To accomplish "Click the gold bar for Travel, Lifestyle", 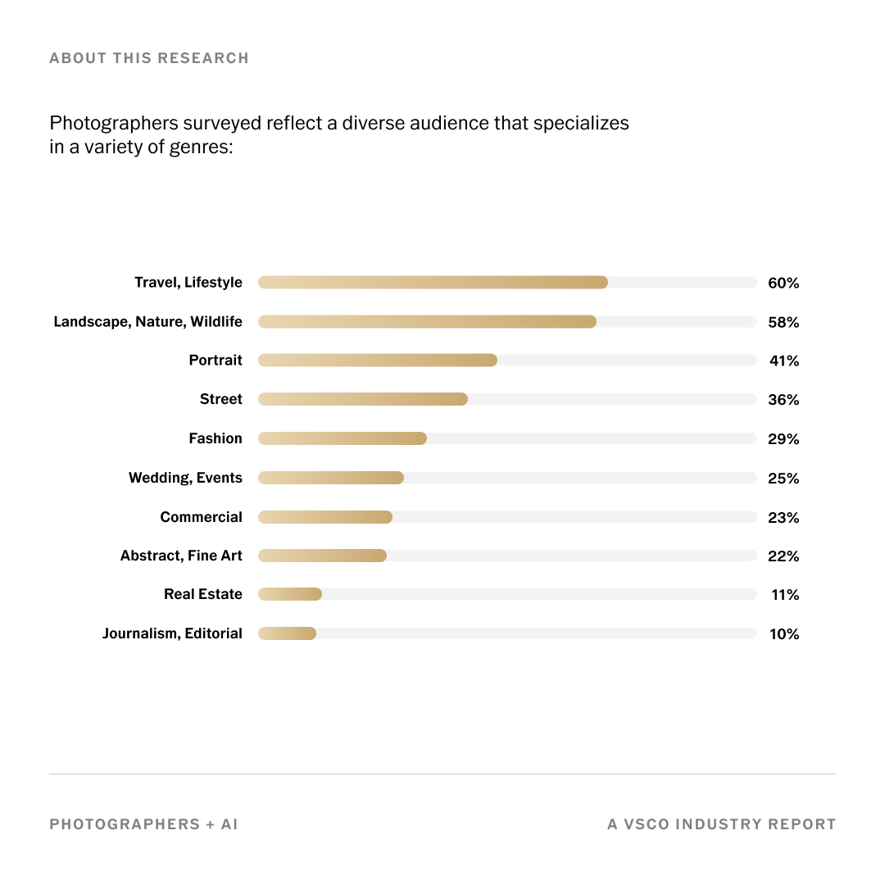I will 433,283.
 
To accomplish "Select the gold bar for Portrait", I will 377,361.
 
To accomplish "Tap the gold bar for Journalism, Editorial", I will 287,633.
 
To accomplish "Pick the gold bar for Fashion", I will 343,438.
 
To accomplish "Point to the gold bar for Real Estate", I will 290,594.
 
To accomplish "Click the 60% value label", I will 783,283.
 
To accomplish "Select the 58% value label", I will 783,322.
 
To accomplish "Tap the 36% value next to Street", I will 783,400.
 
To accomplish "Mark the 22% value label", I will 783,556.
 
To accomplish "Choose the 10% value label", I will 783,634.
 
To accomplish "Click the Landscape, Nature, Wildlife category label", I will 148,322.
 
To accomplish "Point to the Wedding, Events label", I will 185,478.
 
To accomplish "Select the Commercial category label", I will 201,517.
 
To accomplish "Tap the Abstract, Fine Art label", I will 181,556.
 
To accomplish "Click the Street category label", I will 221,399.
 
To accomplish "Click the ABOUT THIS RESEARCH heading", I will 149,58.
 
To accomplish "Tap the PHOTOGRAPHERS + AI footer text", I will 143,824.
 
